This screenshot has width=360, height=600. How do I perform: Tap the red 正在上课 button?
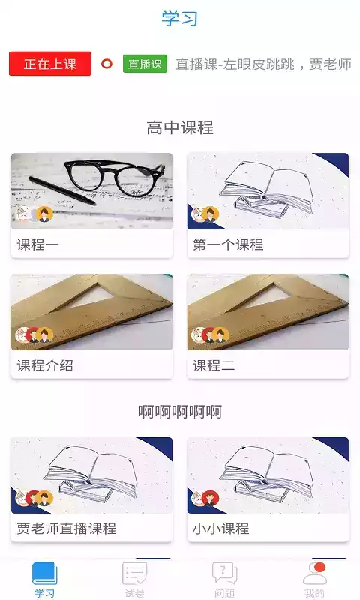[50, 64]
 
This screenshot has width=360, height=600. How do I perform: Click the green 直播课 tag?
[145, 64]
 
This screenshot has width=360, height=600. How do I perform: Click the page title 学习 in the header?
[180, 19]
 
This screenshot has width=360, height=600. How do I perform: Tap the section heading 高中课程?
[180, 127]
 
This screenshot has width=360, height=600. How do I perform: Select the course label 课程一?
[37, 244]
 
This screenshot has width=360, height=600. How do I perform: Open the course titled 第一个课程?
[228, 244]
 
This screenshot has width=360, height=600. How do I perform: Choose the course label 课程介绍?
[45, 365]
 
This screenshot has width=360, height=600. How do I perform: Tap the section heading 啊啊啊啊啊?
[180, 412]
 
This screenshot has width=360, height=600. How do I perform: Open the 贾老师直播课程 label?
[67, 528]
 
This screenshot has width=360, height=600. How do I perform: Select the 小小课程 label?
[220, 528]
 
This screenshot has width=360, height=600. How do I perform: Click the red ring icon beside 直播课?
[106, 64]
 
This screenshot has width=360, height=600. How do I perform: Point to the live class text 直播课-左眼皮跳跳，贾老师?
[263, 64]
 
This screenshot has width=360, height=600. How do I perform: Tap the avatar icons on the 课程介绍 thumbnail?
[34, 335]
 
